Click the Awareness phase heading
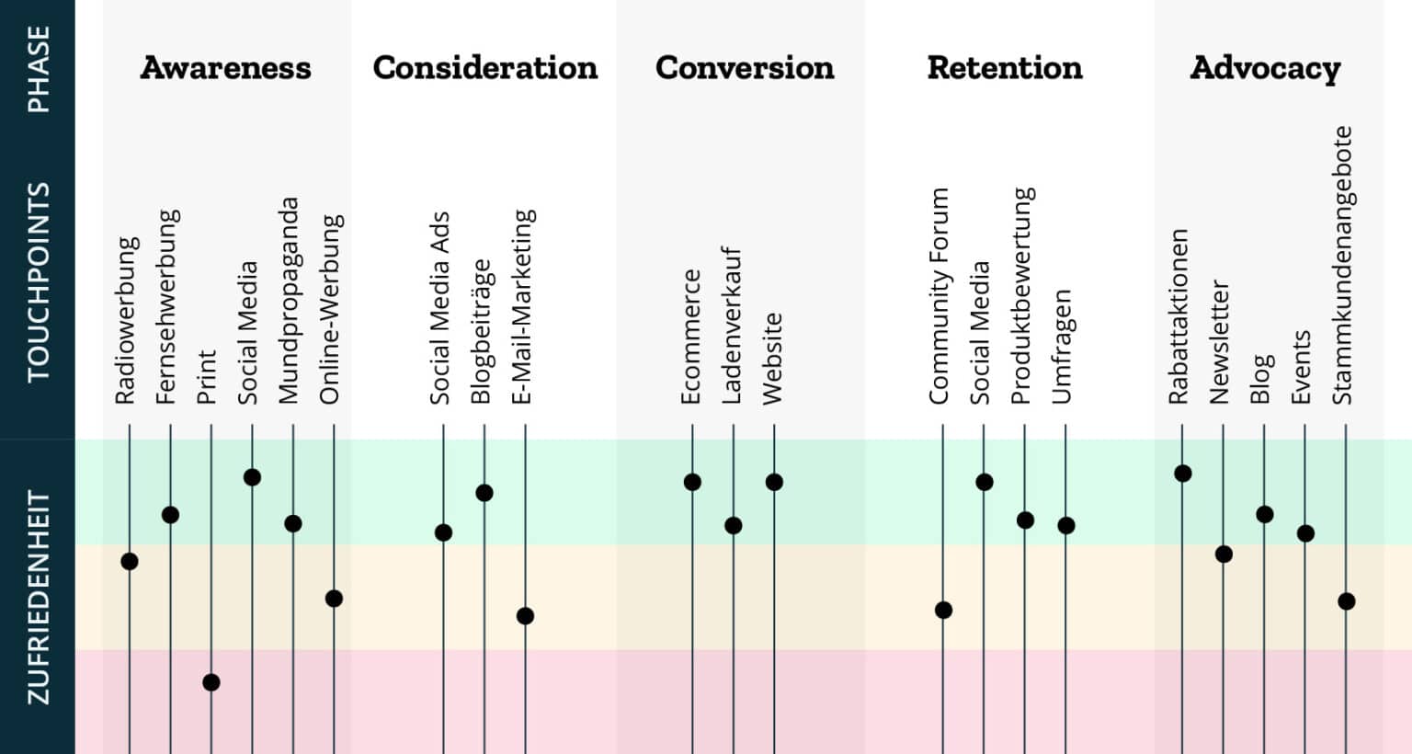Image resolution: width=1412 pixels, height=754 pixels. (225, 67)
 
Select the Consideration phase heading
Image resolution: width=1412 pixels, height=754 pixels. (485, 67)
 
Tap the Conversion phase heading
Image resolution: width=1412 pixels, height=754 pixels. (745, 67)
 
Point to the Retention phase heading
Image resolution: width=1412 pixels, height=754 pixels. (1005, 67)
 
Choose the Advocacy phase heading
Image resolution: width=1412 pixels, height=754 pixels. (1265, 68)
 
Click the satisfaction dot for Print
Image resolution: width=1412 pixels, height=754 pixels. (211, 682)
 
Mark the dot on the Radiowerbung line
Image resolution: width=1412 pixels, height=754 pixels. (130, 561)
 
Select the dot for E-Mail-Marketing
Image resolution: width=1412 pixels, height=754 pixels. (525, 616)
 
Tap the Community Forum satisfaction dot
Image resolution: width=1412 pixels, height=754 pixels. (943, 610)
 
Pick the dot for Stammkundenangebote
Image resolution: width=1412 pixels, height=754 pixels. (1347, 601)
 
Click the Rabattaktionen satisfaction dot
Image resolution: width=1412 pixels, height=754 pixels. (1183, 474)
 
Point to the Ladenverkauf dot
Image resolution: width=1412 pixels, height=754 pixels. (733, 526)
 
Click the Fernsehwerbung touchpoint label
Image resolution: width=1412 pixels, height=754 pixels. (166, 307)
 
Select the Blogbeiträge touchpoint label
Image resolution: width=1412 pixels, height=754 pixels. (481, 332)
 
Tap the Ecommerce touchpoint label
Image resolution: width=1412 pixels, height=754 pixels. (690, 337)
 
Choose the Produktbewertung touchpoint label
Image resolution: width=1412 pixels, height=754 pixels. (1022, 296)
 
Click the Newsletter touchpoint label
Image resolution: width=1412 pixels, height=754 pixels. (1219, 342)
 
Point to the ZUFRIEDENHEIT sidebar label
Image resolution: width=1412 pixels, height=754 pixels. (38, 599)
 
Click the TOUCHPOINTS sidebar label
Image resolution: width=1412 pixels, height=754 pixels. (38, 281)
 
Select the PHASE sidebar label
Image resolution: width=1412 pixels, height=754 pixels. (38, 69)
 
